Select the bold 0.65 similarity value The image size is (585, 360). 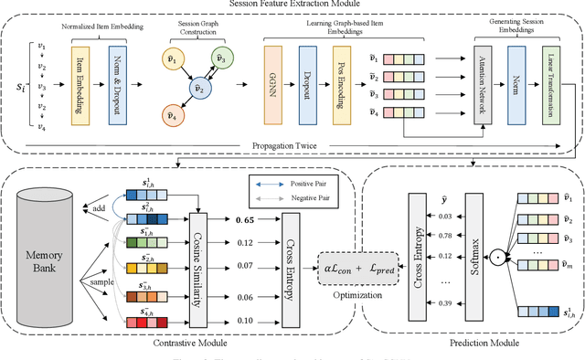[x=244, y=196]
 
